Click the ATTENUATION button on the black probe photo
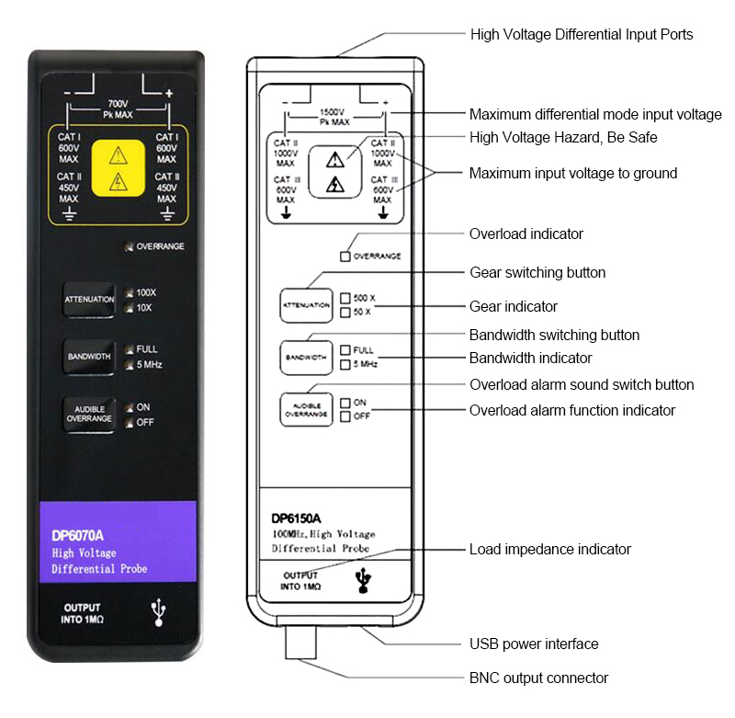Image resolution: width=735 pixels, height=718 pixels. tap(89, 300)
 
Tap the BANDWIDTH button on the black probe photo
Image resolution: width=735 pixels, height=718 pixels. tap(89, 356)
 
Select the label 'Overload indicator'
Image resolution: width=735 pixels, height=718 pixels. tap(526, 234)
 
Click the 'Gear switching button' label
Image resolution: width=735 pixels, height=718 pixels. tap(537, 272)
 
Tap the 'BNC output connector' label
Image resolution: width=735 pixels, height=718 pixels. tap(538, 678)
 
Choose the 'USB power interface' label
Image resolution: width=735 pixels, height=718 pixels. tap(534, 644)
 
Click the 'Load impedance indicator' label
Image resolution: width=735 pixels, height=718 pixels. tap(549, 549)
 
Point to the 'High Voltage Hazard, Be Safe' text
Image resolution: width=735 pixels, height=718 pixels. tap(563, 137)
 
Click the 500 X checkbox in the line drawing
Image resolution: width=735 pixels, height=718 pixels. tap(345, 298)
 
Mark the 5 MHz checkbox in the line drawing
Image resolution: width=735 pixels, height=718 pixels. tap(345, 364)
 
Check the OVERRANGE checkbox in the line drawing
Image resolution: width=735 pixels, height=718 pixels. tap(345, 256)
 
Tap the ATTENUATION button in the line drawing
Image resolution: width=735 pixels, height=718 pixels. tap(306, 304)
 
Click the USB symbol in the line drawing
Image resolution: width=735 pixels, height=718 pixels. tap(365, 578)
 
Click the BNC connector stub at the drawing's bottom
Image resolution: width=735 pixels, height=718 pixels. tap(300, 644)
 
